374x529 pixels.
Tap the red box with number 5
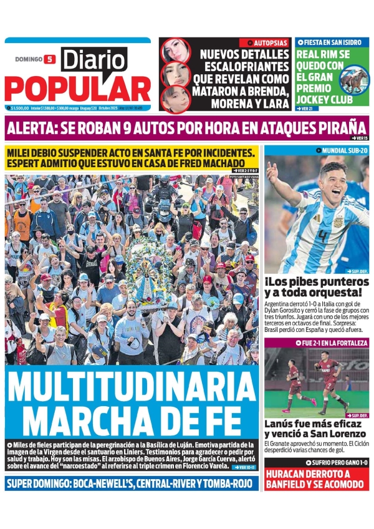(50, 59)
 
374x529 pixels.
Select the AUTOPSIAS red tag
(264, 42)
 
